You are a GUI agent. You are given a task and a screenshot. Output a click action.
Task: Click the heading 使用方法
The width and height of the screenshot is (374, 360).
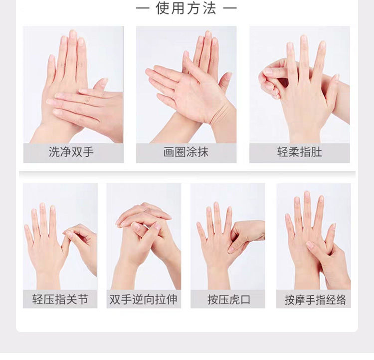(x=186, y=8)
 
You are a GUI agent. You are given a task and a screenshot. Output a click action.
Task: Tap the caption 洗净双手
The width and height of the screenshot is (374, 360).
(x=71, y=152)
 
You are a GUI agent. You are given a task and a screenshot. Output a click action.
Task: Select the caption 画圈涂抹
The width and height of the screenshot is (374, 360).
(x=186, y=152)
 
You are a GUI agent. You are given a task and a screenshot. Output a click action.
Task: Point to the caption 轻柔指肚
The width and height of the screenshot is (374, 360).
(x=300, y=152)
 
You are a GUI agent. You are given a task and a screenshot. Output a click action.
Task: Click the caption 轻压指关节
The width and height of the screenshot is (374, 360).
(x=60, y=299)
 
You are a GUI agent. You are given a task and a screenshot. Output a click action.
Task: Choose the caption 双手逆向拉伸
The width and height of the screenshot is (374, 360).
(x=143, y=299)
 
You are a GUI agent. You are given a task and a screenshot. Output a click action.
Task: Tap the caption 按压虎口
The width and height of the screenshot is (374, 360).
(x=229, y=299)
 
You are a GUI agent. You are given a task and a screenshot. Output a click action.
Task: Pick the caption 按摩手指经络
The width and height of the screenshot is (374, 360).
(x=315, y=300)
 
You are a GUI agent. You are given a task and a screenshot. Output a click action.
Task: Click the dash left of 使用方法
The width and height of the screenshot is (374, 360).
(x=143, y=9)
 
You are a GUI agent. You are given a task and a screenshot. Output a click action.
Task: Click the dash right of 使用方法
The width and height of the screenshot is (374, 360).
(x=230, y=9)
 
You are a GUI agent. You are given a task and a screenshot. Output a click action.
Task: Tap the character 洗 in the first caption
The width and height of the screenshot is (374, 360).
(x=54, y=152)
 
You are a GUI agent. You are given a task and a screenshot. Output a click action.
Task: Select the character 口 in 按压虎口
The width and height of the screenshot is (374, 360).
(x=245, y=300)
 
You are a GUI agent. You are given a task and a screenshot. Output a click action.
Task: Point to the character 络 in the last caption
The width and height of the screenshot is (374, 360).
(x=341, y=300)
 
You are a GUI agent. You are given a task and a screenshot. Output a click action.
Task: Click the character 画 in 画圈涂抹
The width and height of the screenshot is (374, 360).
(x=169, y=152)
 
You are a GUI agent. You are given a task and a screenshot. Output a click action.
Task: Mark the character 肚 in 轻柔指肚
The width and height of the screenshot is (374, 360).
(x=317, y=152)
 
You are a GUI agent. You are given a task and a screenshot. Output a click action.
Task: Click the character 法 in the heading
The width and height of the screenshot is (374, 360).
(x=209, y=8)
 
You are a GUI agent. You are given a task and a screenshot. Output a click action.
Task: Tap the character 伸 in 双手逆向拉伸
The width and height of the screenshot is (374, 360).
(x=172, y=299)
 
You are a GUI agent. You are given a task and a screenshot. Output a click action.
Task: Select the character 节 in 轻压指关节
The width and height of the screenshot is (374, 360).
(x=83, y=299)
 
